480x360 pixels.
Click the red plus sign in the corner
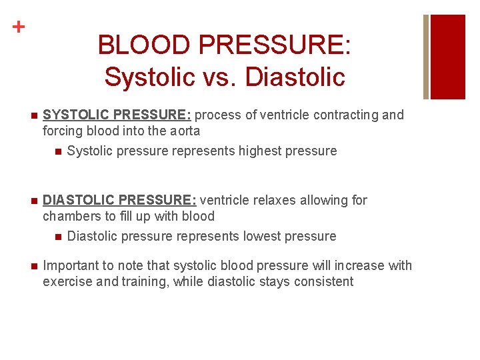(19, 27)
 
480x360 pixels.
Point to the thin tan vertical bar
(426, 56)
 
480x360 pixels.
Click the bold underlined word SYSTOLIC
(79, 115)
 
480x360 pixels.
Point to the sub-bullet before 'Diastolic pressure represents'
(58, 237)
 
